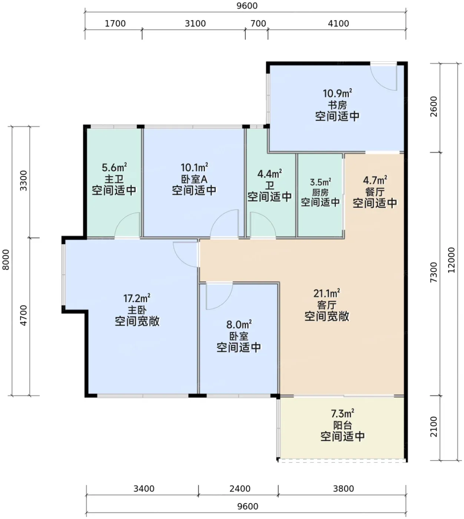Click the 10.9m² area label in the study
pos(337,93)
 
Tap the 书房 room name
pos(337,105)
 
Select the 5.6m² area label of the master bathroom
pos(114,168)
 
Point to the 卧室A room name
pos(194,179)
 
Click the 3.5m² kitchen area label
pos(320,182)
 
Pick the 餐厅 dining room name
pos(375,192)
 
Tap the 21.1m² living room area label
pos(327,293)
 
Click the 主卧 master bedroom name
pos(137,310)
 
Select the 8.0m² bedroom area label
pos(239,325)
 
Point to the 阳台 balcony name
pos(342,425)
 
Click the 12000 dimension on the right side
pos(451,260)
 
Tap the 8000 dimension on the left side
pos(6,260)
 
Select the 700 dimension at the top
pos(258,24)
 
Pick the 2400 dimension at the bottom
pos(240,489)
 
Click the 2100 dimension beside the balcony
pos(434,427)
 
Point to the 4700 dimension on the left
pos(24,315)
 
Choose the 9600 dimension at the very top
pos(247,6)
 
